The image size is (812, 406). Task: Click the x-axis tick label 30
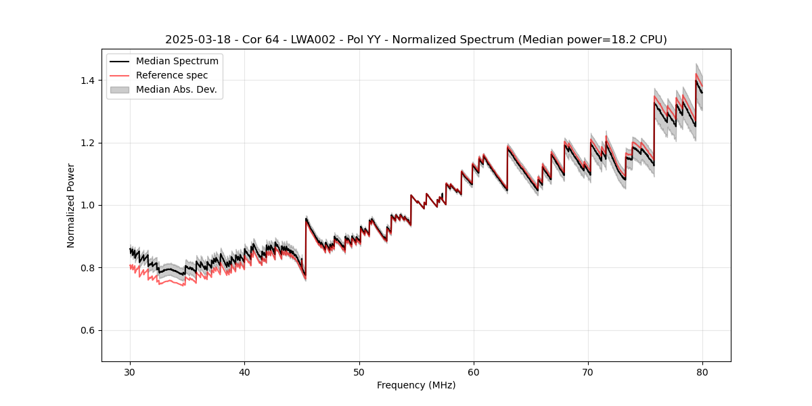pos(130,371)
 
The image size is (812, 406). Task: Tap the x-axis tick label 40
pos(244,371)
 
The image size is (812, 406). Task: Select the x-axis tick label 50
pos(359,371)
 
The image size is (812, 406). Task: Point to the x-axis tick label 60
pos(474,371)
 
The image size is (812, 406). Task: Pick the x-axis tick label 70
pos(588,371)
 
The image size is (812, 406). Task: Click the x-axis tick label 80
pos(702,371)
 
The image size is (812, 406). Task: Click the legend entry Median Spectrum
pos(177,62)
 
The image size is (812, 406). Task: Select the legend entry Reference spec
pos(172,75)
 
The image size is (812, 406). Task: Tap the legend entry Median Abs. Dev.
pos(176,89)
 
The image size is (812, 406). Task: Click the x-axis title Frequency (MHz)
pos(416,385)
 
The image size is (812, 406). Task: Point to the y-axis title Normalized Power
pos(71,205)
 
